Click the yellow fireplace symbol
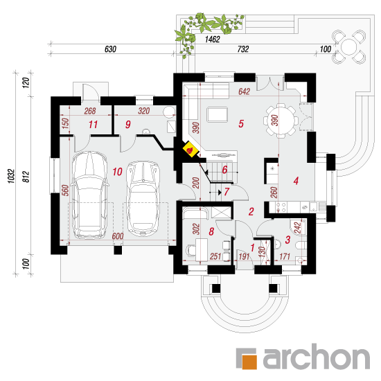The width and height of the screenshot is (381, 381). click(x=191, y=149)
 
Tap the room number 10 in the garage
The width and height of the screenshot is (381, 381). click(x=117, y=172)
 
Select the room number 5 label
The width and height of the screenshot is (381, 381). click(x=241, y=124)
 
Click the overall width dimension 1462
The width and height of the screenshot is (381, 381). click(x=213, y=39)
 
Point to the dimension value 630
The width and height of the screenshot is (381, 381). click(x=110, y=49)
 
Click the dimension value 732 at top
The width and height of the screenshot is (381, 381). click(x=243, y=49)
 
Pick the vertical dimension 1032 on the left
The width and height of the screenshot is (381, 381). click(x=11, y=176)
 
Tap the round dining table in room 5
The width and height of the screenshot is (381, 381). click(x=281, y=121)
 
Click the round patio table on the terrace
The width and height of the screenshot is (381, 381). click(x=348, y=47)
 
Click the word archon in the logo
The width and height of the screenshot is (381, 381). click(x=317, y=357)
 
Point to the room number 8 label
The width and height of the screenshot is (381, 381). click(x=211, y=231)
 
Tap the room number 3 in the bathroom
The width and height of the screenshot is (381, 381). click(x=287, y=240)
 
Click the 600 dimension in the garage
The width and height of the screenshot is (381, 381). click(x=118, y=236)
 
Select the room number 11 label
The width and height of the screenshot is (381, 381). click(x=93, y=125)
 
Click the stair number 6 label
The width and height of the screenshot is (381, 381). click(x=224, y=170)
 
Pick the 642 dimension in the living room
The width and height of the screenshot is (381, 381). click(x=245, y=91)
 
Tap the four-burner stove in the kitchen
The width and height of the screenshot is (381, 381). click(x=281, y=207)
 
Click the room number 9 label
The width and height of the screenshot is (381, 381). click(x=128, y=125)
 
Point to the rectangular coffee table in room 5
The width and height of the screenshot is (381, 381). click(x=218, y=115)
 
